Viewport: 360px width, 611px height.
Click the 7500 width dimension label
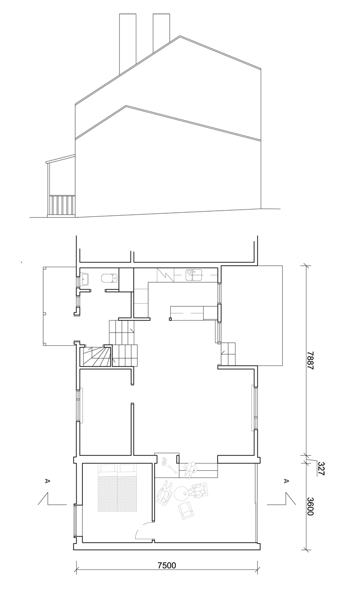[x=167, y=565]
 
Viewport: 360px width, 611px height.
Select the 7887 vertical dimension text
[x=310, y=361]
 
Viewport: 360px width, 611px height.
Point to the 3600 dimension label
[x=310, y=506]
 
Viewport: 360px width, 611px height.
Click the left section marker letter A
[x=48, y=481]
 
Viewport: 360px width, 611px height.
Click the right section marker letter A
[x=286, y=481]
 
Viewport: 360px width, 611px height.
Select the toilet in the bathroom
[x=109, y=279]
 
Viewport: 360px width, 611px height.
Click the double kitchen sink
[x=194, y=275]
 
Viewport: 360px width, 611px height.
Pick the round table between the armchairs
[x=182, y=494]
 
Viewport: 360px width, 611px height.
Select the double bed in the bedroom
[x=117, y=488]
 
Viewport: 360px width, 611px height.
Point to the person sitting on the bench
[x=191, y=470]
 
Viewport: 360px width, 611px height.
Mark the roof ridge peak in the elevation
[x=180, y=36]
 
